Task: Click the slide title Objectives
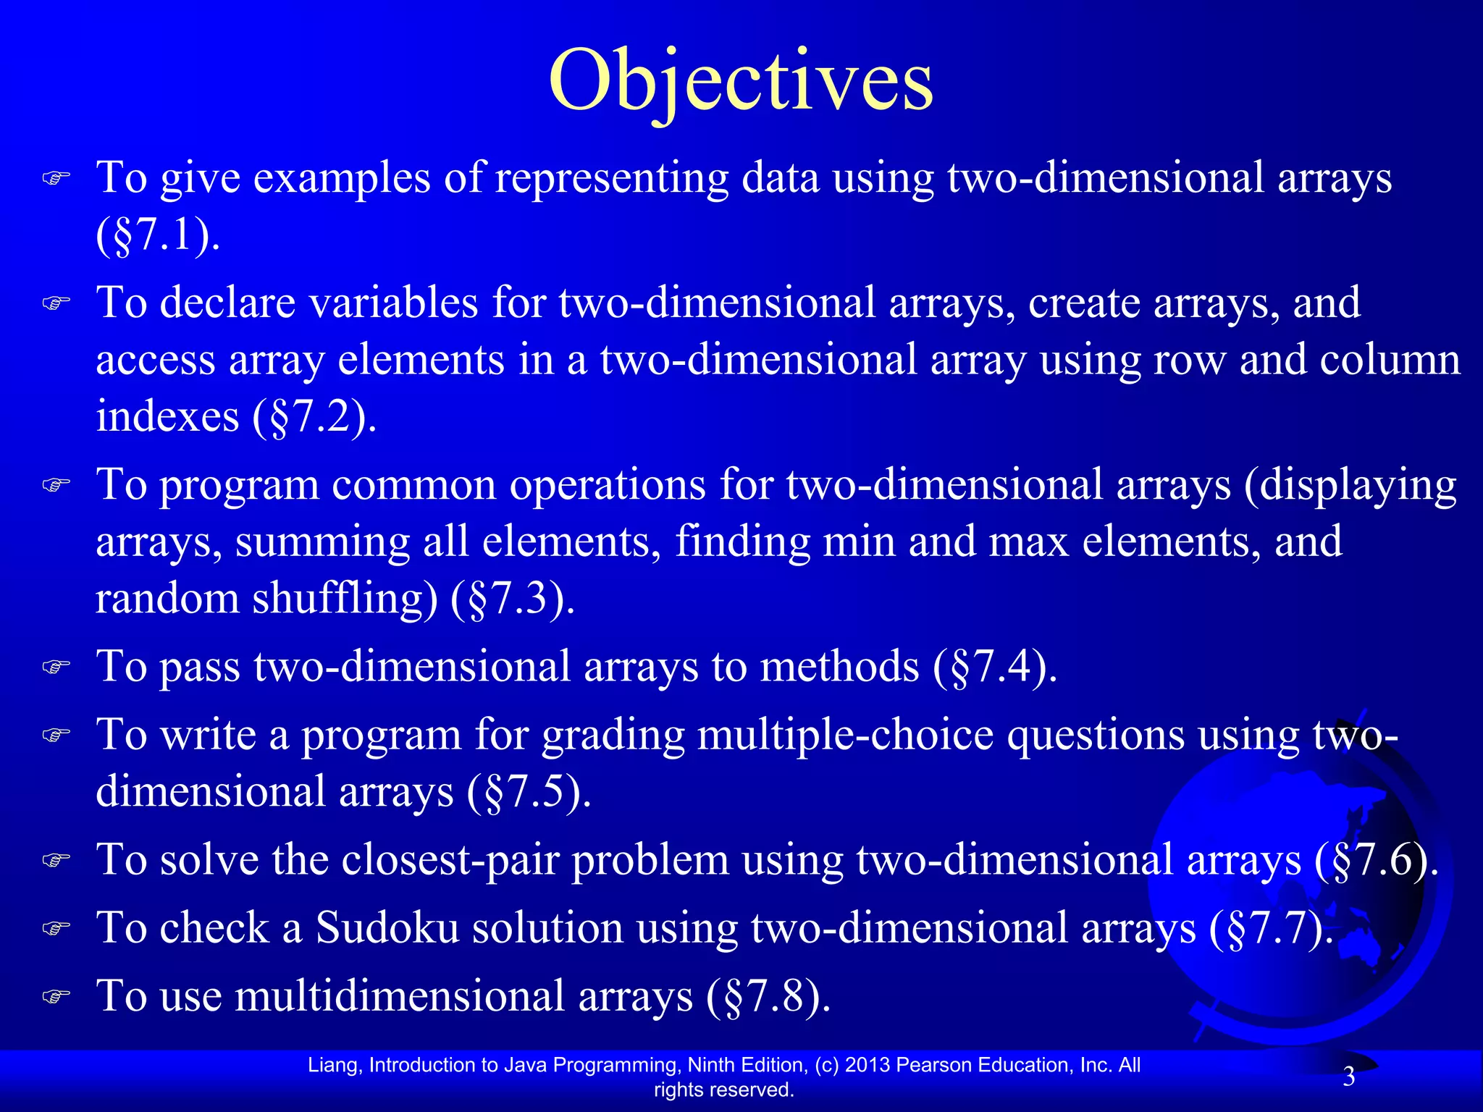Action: pos(741,81)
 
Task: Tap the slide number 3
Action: pos(1348,1077)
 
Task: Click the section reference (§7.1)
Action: pos(157,235)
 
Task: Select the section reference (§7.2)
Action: pos(314,417)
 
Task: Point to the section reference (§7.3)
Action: pos(513,599)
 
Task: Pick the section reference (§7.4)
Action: pos(995,666)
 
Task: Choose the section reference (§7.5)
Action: pos(529,791)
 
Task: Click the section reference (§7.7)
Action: pos(1271,928)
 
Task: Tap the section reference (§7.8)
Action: pos(768,996)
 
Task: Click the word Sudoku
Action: pos(387,928)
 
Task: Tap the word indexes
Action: pos(167,417)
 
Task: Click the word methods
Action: pos(839,666)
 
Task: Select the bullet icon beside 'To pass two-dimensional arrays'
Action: pos(56,666)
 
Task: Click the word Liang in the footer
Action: pos(334,1065)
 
